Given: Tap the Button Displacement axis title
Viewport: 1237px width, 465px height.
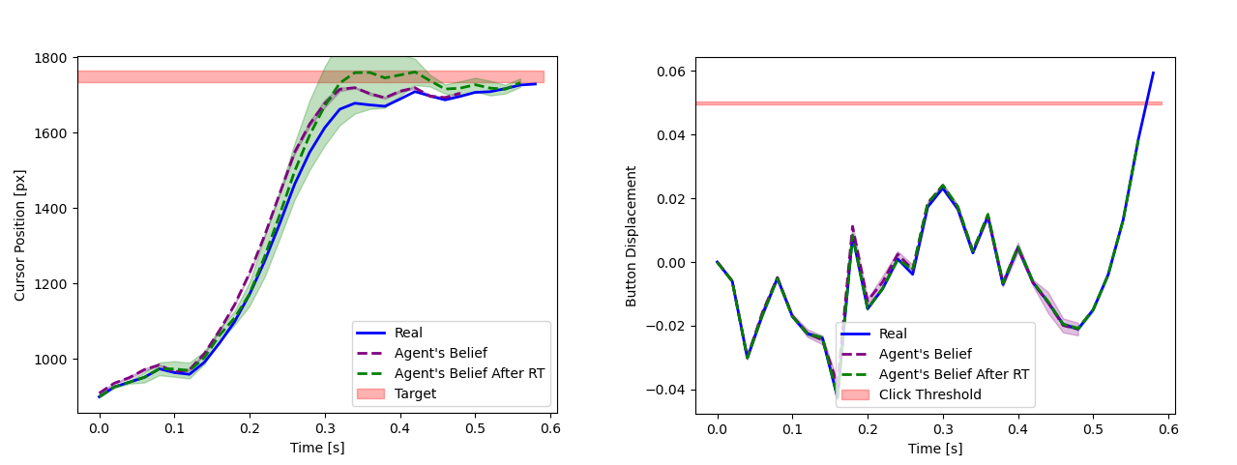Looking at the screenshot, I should coord(632,236).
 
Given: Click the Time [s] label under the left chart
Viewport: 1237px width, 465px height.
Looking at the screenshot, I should coord(317,448).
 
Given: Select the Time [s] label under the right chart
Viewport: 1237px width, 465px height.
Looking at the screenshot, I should coord(934,448).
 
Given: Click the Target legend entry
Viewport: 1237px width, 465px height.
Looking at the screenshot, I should coord(415,393).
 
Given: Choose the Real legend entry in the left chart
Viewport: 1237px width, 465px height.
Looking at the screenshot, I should coord(408,333).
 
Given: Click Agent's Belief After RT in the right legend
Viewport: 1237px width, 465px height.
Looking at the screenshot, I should coord(954,374).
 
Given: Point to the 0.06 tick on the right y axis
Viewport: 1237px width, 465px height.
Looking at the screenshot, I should coord(670,72).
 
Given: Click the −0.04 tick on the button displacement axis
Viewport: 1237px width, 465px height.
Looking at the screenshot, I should coord(666,390).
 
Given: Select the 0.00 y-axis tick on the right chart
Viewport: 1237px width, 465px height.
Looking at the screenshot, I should coord(670,263).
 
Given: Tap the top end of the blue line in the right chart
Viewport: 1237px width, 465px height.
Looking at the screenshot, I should coord(1153,73).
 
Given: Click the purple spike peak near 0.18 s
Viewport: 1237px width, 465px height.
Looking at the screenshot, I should coord(852,226).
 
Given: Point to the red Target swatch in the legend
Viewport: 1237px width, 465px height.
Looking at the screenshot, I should coord(370,393).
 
